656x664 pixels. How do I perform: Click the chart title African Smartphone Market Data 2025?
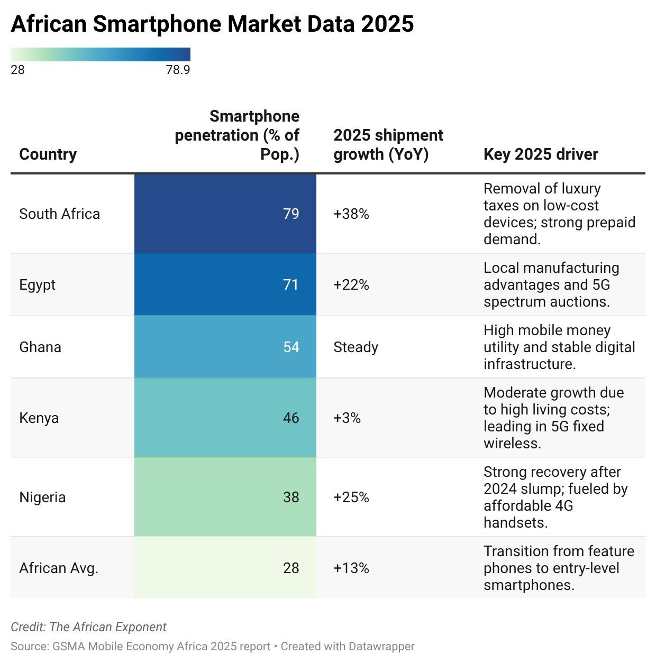pos(212,24)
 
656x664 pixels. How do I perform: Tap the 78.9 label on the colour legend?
pos(178,70)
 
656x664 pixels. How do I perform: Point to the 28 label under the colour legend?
pos(17,70)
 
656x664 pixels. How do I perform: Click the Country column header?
pos(48,154)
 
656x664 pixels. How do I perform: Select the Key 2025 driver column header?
pos(541,154)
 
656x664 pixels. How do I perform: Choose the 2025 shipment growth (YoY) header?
pos(388,144)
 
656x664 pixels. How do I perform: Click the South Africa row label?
pos(59,214)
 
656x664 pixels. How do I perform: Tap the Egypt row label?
pos(37,284)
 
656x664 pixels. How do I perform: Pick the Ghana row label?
pos(40,347)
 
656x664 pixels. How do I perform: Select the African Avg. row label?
pos(59,568)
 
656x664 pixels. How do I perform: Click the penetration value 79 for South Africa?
pos(291,214)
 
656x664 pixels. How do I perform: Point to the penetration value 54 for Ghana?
pos(291,347)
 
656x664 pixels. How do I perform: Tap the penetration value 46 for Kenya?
pos(291,418)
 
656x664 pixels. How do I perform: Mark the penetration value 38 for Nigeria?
pos(291,497)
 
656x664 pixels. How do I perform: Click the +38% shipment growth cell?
pos(351,214)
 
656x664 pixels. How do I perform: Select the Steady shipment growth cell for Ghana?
pos(356,347)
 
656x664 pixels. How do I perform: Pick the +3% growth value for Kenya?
pos(347,418)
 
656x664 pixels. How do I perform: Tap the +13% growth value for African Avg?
pos(351,568)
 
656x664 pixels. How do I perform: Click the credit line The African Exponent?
pos(88,627)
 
